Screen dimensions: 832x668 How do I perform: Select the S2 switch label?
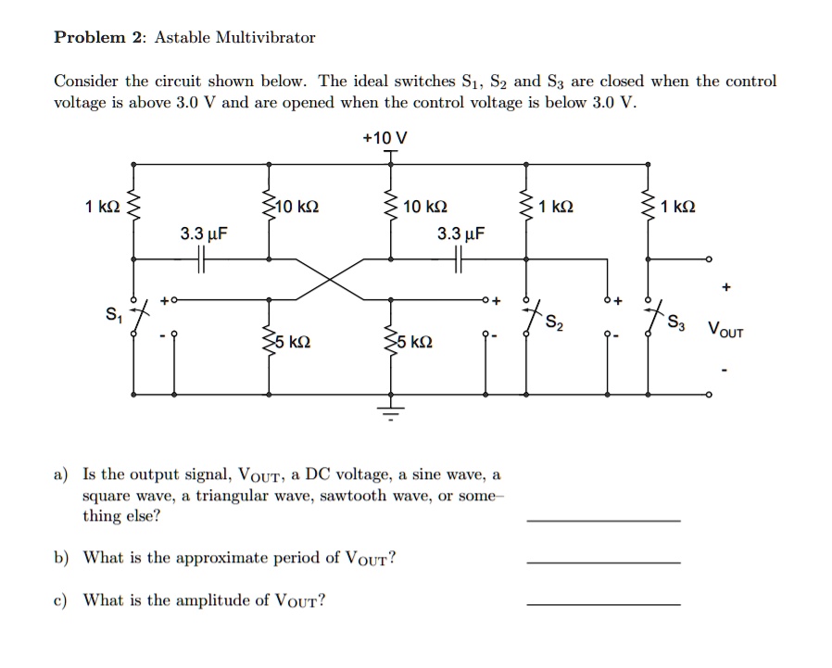tap(553, 323)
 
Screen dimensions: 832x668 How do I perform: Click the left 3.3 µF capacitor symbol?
tap(201, 263)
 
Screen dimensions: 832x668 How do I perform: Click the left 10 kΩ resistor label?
tap(297, 207)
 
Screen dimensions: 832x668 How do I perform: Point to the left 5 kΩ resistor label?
tap(292, 342)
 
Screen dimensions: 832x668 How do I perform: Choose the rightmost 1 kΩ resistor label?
tap(680, 207)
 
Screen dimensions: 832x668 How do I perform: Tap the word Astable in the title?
tap(183, 38)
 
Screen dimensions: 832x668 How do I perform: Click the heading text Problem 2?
tap(97, 38)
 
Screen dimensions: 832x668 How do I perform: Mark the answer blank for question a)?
tap(602, 520)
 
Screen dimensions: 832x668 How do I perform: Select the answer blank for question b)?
tap(602, 561)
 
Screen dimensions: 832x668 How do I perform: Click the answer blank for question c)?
tap(602, 604)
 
